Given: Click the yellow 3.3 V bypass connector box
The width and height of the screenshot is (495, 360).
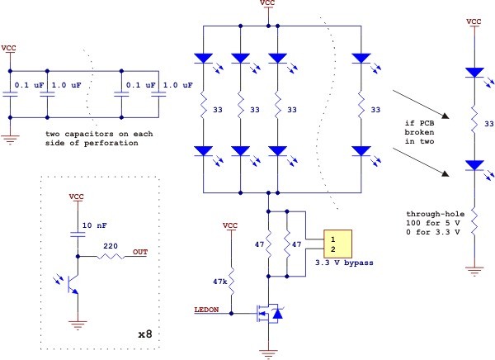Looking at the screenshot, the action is [337, 244].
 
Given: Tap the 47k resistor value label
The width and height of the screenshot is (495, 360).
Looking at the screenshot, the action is [220, 282].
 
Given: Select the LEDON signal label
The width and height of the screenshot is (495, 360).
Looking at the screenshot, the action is [206, 310].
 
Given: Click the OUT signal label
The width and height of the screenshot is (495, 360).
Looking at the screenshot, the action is [140, 252].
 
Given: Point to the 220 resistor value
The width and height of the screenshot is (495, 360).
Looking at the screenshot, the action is [111, 246].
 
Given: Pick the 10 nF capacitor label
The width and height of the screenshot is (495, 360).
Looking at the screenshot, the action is [94, 225].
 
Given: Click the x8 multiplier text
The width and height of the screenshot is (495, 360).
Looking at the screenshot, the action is [145, 334].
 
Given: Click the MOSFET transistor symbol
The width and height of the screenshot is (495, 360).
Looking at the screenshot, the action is [269, 314].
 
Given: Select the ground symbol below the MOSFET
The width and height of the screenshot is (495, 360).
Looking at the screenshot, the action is [269, 354].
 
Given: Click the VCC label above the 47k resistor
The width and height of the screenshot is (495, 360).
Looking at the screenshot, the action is [230, 225].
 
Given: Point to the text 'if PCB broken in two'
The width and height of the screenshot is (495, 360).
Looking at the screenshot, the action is [420, 132].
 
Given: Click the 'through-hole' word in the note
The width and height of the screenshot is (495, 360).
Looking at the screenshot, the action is [436, 214].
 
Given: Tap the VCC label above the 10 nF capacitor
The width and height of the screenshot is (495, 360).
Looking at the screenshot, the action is [77, 197].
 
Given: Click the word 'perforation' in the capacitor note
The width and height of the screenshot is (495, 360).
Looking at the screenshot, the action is [111, 143].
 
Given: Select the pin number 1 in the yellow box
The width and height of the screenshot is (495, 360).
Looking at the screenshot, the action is [332, 239].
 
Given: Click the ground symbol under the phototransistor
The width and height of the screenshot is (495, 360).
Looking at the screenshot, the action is [78, 324].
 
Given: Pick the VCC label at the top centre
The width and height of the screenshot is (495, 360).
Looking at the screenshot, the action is [267, 2].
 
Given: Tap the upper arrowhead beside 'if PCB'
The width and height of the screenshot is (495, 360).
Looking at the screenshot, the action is [445, 116].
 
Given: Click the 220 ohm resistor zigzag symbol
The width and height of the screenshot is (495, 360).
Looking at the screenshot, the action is [111, 256].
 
